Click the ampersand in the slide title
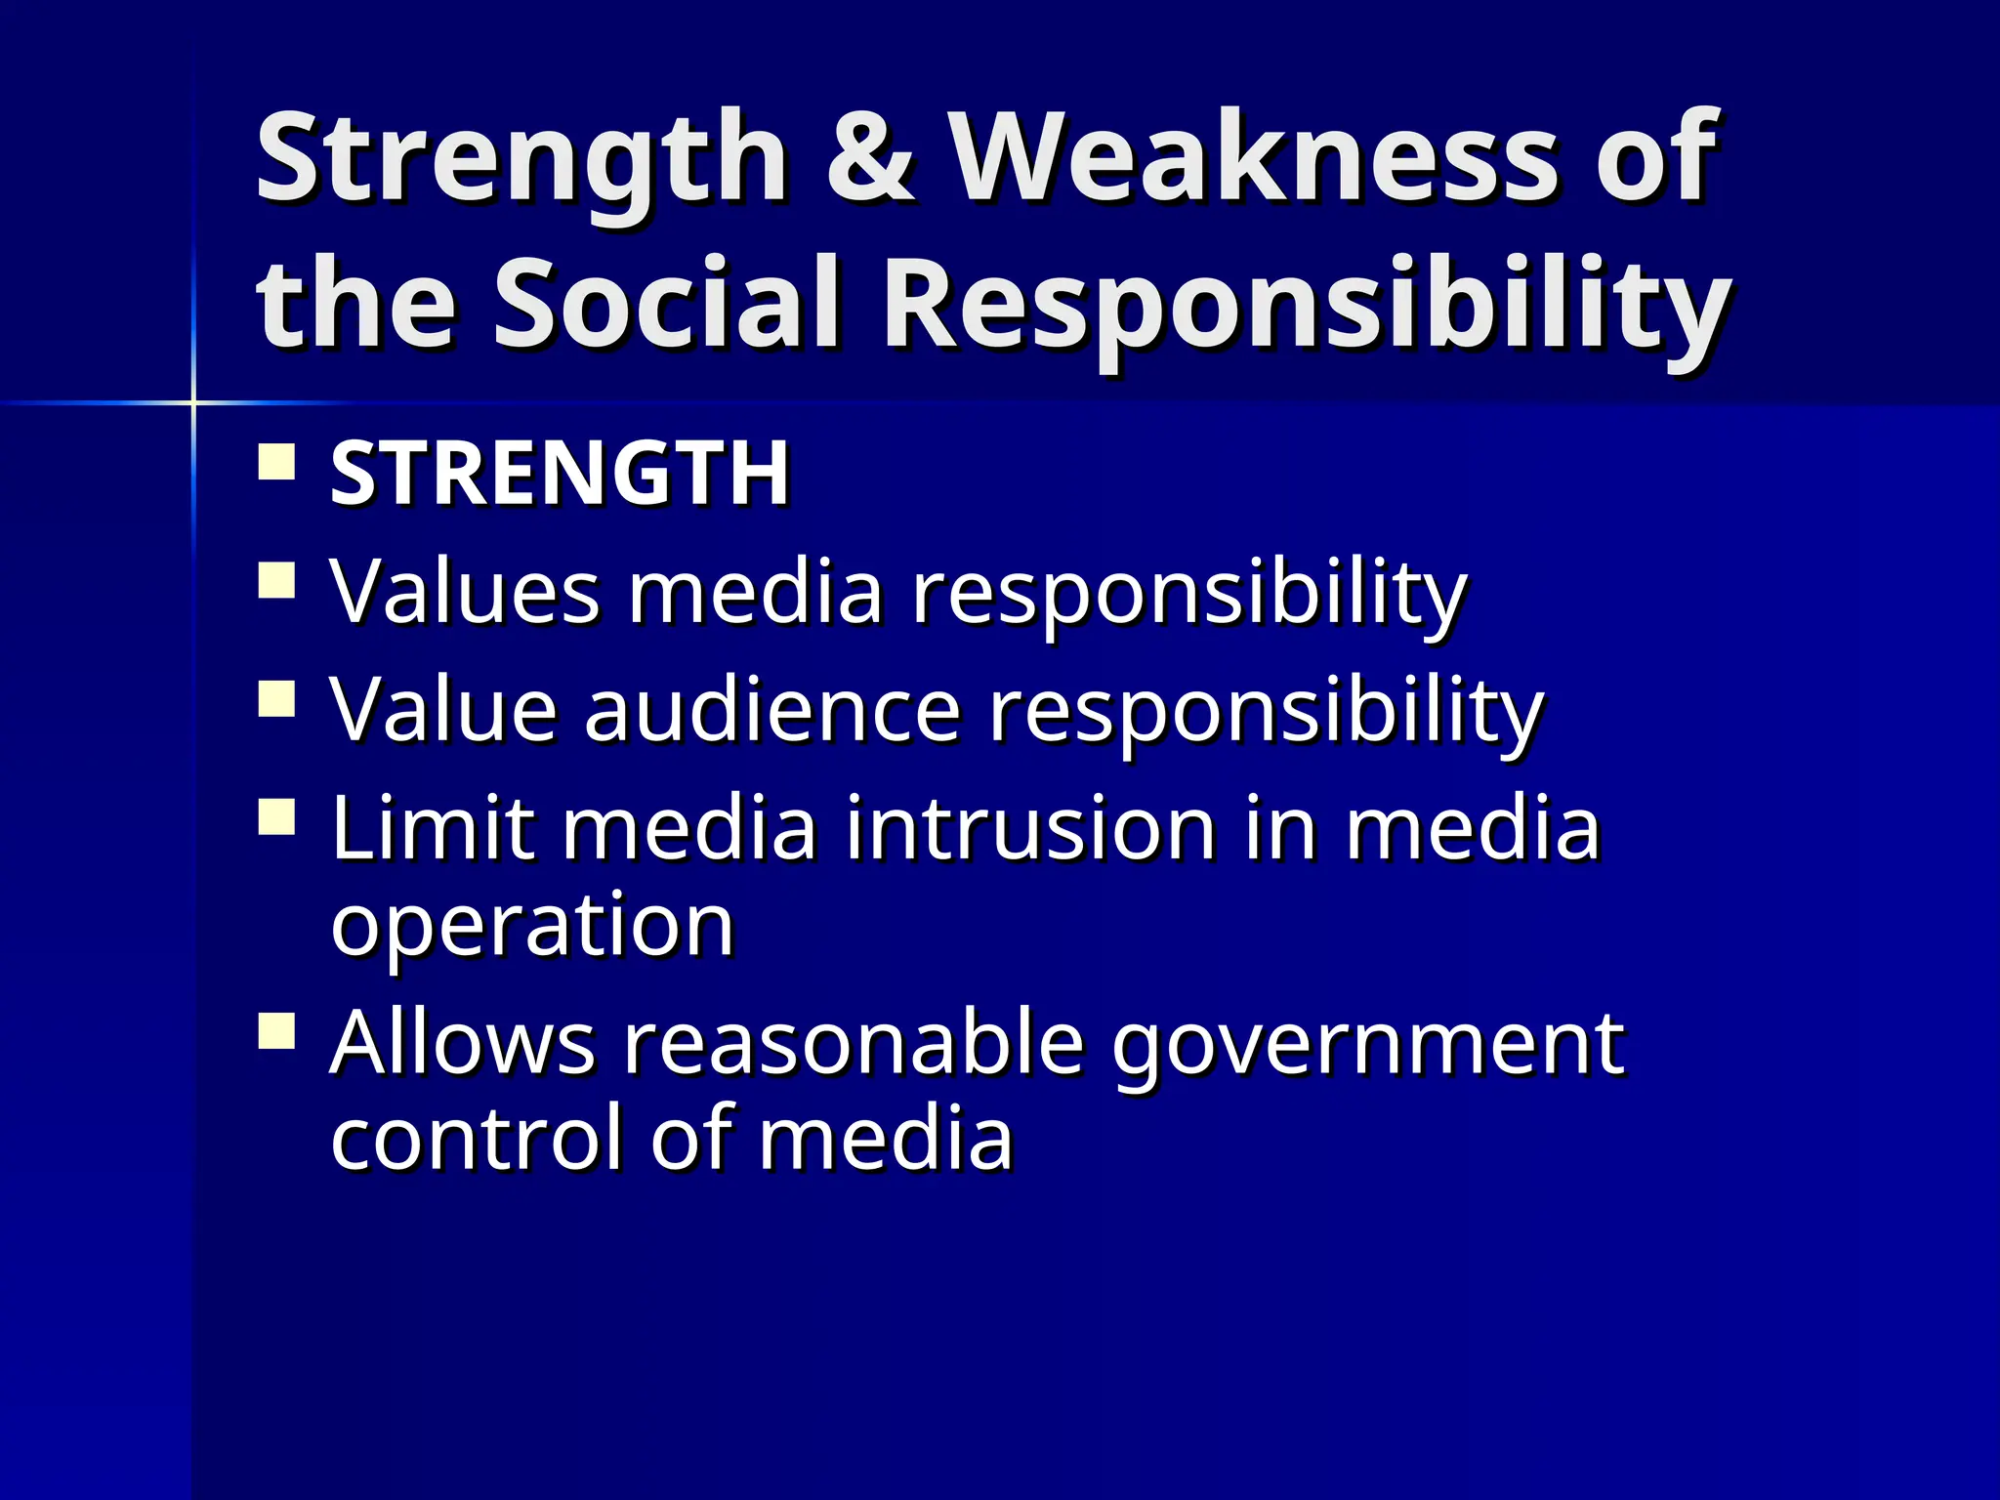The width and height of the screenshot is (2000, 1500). click(x=869, y=158)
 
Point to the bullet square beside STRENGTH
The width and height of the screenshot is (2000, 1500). click(x=277, y=462)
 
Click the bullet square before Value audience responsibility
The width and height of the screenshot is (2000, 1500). click(x=277, y=698)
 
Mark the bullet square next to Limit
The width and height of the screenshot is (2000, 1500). click(x=277, y=816)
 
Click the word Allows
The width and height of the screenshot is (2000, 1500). click(x=462, y=1043)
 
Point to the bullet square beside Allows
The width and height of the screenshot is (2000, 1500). click(x=277, y=1031)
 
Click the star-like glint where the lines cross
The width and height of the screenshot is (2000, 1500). click(x=193, y=401)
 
